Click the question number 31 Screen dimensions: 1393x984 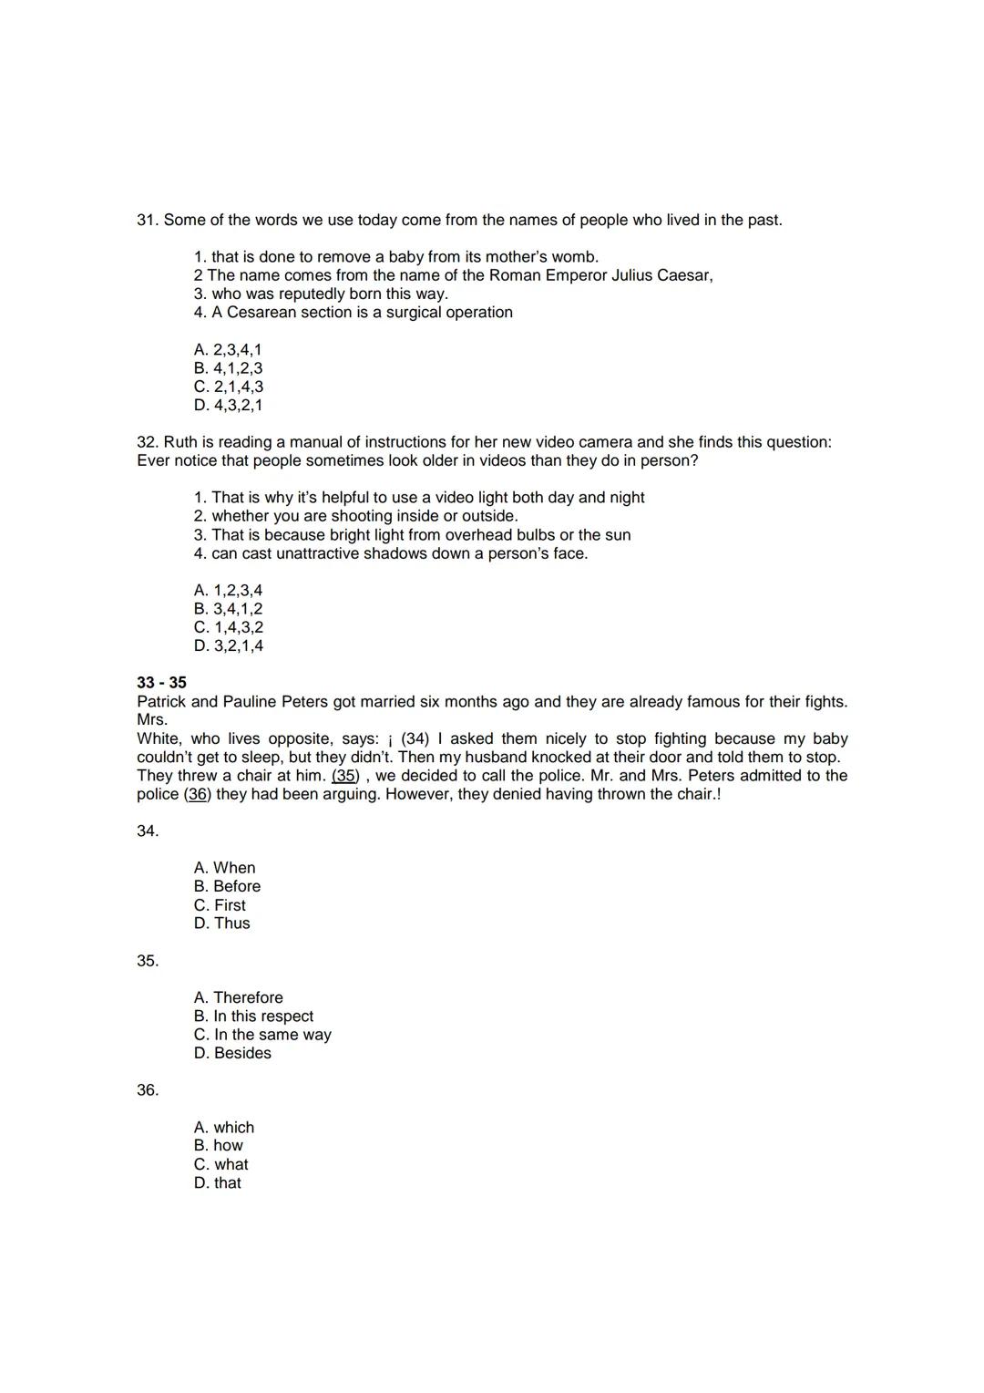tap(147, 221)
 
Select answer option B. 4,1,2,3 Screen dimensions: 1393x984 tap(228, 368)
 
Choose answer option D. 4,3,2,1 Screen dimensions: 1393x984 tap(228, 406)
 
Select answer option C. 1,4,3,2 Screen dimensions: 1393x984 tap(228, 627)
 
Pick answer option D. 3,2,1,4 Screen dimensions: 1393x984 tap(228, 646)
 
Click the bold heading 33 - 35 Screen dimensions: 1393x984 tap(161, 683)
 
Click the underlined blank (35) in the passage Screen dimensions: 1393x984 tap(344, 776)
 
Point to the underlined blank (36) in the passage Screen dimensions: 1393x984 tap(197, 795)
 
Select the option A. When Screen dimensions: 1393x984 tap(224, 868)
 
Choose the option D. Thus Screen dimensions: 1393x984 tap(221, 924)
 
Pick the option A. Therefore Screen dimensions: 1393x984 tap(238, 997)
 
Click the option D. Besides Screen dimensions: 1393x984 tap(232, 1053)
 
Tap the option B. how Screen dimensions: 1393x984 tap(219, 1146)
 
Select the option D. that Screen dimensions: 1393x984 tap(218, 1183)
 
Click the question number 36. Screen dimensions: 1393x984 tap(148, 1090)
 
